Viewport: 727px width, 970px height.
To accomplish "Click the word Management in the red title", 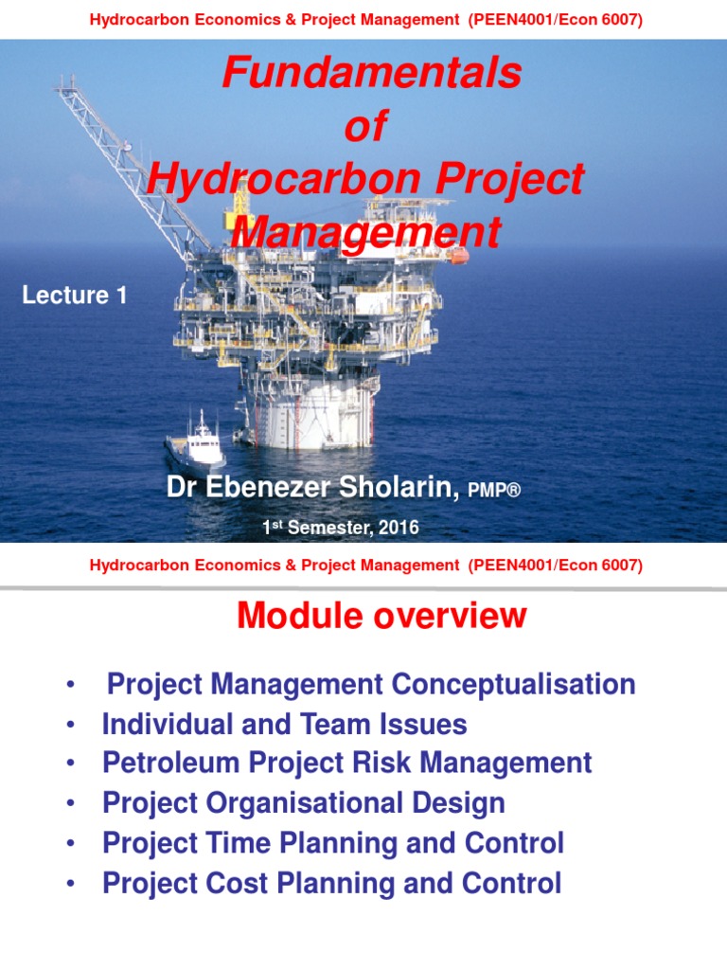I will pos(365,232).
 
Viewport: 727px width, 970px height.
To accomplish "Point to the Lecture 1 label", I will pos(74,296).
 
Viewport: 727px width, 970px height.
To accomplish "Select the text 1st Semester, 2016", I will pos(340,528).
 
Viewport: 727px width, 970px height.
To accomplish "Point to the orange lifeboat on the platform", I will pos(458,255).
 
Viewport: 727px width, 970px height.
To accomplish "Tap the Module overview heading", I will pos(381,616).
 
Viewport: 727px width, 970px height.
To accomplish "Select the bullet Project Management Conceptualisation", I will pos(371,684).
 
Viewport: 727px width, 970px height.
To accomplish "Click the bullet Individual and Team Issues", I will pos(284,725).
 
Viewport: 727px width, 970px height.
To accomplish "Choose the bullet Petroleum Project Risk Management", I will pos(346,763).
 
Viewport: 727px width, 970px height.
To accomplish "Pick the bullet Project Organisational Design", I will pos(303,803).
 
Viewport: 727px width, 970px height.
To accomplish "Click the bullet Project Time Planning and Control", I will pos(332,843).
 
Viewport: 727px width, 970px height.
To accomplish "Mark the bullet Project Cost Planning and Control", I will pos(331,883).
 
